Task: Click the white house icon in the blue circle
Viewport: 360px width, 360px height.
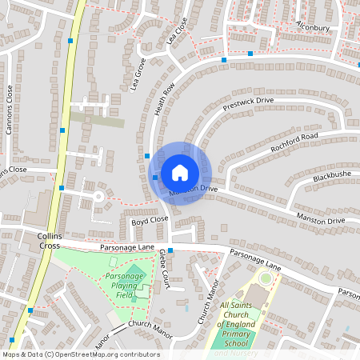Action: (180, 173)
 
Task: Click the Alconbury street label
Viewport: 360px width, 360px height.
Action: (313, 26)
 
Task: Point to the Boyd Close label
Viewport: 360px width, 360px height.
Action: (150, 219)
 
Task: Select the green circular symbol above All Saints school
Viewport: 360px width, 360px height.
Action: (265, 278)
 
